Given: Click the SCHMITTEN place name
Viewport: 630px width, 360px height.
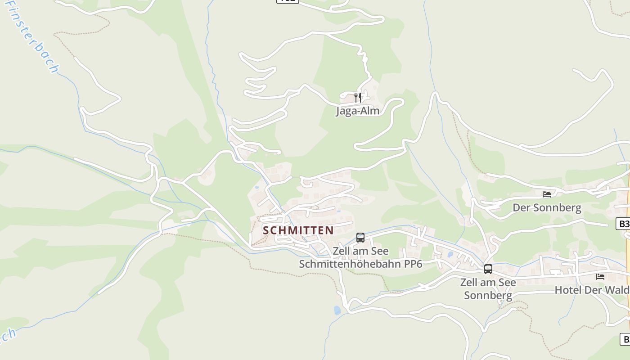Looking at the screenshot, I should (298, 230).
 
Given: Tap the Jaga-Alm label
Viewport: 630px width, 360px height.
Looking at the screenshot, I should (358, 111).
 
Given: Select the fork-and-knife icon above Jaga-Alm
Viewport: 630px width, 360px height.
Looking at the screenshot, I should (358, 97).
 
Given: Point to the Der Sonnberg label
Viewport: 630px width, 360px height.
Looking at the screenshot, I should (547, 208).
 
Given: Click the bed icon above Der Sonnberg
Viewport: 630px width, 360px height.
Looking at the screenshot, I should (547, 194).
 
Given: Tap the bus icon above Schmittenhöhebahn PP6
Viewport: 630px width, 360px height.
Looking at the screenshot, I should (360, 238).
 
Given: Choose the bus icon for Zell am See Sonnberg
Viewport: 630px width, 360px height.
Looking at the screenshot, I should (488, 269).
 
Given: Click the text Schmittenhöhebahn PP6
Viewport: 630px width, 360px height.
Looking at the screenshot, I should (360, 264).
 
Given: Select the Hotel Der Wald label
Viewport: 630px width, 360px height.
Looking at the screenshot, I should (591, 290).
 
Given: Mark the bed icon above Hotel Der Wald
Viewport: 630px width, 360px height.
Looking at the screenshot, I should (600, 276).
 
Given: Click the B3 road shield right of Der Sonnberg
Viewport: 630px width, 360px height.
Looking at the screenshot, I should (624, 224).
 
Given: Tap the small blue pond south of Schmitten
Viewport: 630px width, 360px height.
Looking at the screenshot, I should (337, 310).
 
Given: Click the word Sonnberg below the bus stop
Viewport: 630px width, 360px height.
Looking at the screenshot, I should (488, 296).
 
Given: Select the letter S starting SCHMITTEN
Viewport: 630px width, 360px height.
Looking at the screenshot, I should (265, 230).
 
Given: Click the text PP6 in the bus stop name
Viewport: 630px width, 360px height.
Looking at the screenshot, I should (413, 264).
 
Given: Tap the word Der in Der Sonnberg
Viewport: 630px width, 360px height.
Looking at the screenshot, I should (521, 208).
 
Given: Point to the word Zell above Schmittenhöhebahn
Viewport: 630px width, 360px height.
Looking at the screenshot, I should (341, 251).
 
